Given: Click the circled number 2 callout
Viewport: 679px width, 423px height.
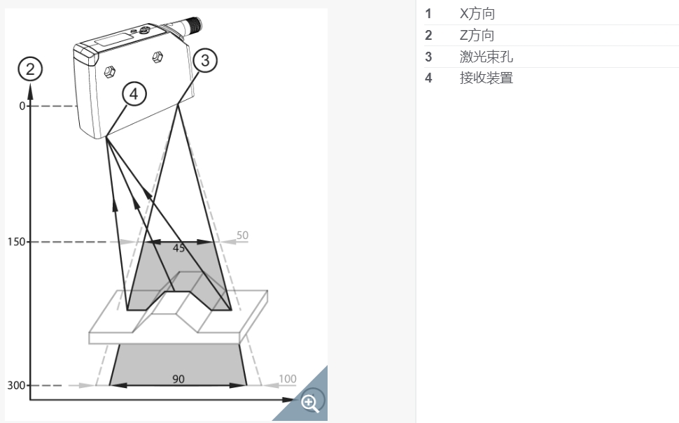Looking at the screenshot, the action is tap(30, 69).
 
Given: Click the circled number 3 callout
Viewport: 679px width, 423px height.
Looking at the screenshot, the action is tap(205, 60).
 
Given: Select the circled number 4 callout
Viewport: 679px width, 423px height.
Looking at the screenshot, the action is tap(134, 94).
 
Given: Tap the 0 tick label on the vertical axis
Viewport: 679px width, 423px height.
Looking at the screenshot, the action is tap(22, 106).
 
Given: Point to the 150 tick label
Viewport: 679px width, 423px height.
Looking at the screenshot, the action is tap(17, 242).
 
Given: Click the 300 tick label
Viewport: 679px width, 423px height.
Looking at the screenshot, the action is tap(16, 385).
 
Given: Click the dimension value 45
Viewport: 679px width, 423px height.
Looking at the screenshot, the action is tap(178, 248).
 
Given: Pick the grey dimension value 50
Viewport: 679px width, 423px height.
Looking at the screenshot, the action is tap(242, 236).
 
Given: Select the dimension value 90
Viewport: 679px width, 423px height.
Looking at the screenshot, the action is tap(178, 379).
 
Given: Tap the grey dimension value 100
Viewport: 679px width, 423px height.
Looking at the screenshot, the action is tap(288, 380).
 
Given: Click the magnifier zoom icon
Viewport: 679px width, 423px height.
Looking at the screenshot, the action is tap(310, 403).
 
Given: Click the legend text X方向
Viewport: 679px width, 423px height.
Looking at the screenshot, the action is tap(477, 14).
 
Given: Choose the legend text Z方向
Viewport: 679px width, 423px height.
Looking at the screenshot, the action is tap(477, 36).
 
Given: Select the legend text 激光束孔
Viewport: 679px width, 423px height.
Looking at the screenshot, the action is tap(486, 57).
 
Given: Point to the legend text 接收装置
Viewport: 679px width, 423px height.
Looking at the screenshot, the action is tap(486, 78).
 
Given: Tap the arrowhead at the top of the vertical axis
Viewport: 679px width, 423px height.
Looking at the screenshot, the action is tap(30, 91).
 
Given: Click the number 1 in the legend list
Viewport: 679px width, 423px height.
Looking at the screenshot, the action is tap(428, 14).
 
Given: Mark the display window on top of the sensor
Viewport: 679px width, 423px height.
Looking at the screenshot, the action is tap(114, 39).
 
